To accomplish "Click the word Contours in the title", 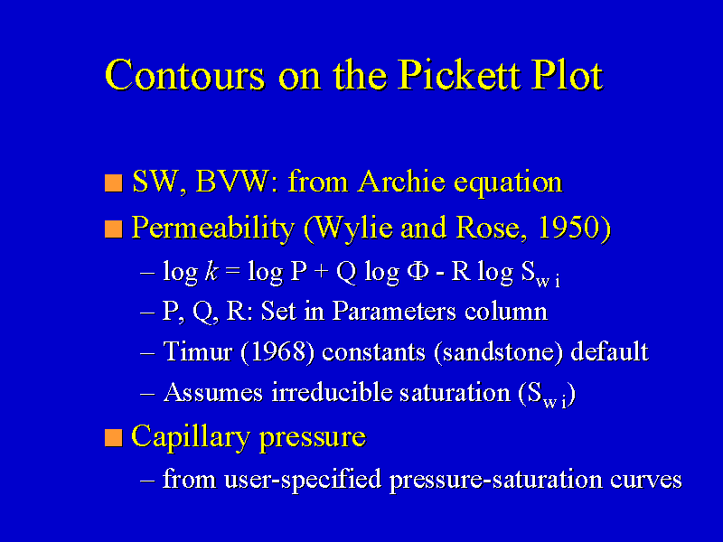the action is pos(185,75).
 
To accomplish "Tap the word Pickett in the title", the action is pos(460,75).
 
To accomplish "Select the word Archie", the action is pos(401,182).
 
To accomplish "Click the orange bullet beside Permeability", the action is pos(114,229).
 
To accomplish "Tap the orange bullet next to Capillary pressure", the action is pos(114,437).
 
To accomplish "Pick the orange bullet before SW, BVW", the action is pos(114,182).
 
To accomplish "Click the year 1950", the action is pos(569,228).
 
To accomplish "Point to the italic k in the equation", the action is pos(211,272).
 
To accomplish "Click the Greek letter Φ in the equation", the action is pos(418,272).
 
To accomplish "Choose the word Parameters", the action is pos(394,311).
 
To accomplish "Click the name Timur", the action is pos(197,351).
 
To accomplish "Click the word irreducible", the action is pos(332,392).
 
